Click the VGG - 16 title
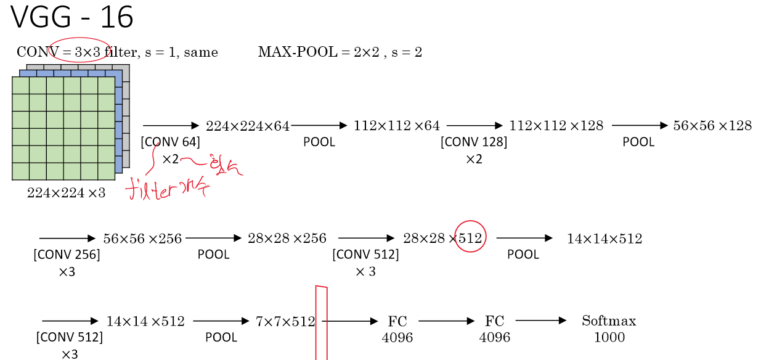tap(72, 18)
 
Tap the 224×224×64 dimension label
tap(248, 126)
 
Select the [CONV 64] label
tap(171, 142)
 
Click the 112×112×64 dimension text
tap(397, 126)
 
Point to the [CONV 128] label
tap(474, 142)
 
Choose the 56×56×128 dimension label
tap(712, 126)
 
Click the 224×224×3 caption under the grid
tap(66, 193)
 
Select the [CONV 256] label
tap(67, 254)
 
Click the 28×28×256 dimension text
tap(287, 239)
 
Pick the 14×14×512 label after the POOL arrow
tap(604, 239)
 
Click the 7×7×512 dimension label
tap(285, 321)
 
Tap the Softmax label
tap(609, 321)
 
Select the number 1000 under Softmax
tap(609, 337)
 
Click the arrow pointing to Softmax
tap(540, 321)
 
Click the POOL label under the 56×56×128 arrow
tap(638, 142)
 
